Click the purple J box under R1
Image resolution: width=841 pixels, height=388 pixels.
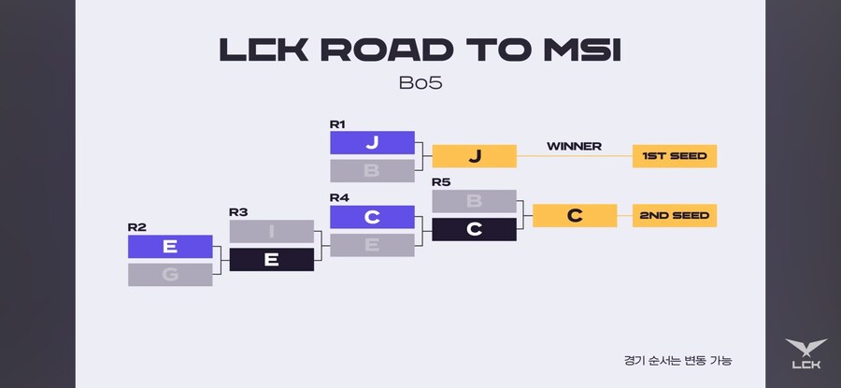click(372, 142)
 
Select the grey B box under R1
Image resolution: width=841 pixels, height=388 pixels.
click(372, 170)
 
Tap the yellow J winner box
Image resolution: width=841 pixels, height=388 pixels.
click(474, 156)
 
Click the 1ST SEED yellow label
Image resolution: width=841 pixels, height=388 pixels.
click(674, 156)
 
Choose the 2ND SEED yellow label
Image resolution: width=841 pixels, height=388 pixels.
click(674, 215)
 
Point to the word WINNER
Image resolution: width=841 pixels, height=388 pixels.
click(574, 146)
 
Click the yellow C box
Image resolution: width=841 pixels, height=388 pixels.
click(575, 215)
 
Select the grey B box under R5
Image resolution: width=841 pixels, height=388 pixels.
click(474, 201)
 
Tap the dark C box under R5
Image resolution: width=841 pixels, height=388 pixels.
click(474, 229)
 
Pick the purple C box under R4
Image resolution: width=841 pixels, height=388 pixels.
click(372, 217)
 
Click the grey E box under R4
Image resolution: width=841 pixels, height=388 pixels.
click(372, 245)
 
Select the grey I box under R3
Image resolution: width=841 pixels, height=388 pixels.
click(271, 231)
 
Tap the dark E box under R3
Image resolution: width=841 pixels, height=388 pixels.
click(271, 259)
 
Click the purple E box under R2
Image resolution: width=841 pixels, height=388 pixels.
click(170, 246)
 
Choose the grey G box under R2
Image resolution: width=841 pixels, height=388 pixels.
click(170, 274)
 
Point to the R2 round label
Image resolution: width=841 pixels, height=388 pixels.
click(135, 227)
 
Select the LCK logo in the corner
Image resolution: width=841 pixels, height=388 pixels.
click(805, 355)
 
